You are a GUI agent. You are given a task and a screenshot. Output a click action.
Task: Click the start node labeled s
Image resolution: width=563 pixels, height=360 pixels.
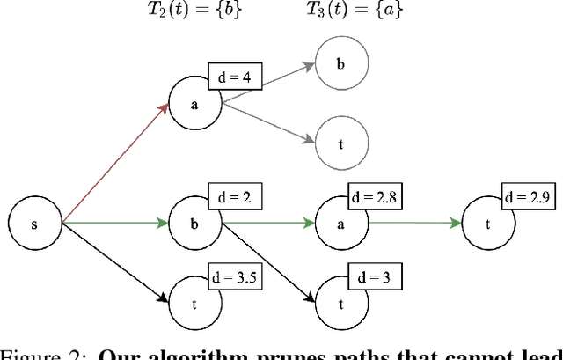pos(34,224)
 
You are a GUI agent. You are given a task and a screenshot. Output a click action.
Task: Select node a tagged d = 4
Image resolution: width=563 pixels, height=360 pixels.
pos(194,102)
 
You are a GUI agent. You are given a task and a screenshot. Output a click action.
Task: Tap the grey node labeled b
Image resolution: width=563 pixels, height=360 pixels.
pos(342,64)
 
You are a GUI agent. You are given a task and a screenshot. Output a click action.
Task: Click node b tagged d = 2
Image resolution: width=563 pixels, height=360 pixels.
pos(194,224)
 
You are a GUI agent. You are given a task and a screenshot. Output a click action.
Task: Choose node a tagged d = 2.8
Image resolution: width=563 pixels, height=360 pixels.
pos(342,224)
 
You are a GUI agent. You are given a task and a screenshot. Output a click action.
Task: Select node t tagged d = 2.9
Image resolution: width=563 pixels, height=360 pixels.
pos(489,224)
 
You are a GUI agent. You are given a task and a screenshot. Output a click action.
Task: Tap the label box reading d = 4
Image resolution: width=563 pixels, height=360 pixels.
pos(234,77)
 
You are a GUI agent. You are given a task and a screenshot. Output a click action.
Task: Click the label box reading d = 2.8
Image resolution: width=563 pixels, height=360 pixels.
pos(374,198)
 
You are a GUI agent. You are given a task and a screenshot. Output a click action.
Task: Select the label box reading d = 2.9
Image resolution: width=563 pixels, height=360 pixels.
pos(527,198)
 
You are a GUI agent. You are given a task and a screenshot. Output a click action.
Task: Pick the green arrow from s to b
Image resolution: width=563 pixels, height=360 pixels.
pos(114,224)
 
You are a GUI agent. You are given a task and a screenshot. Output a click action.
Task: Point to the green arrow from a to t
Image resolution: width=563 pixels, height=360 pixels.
pos(413,224)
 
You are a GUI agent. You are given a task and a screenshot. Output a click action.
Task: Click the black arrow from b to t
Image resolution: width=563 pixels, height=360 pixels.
pos(268,261)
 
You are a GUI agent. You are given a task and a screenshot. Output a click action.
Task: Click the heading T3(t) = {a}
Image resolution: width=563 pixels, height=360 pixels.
pos(349,12)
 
